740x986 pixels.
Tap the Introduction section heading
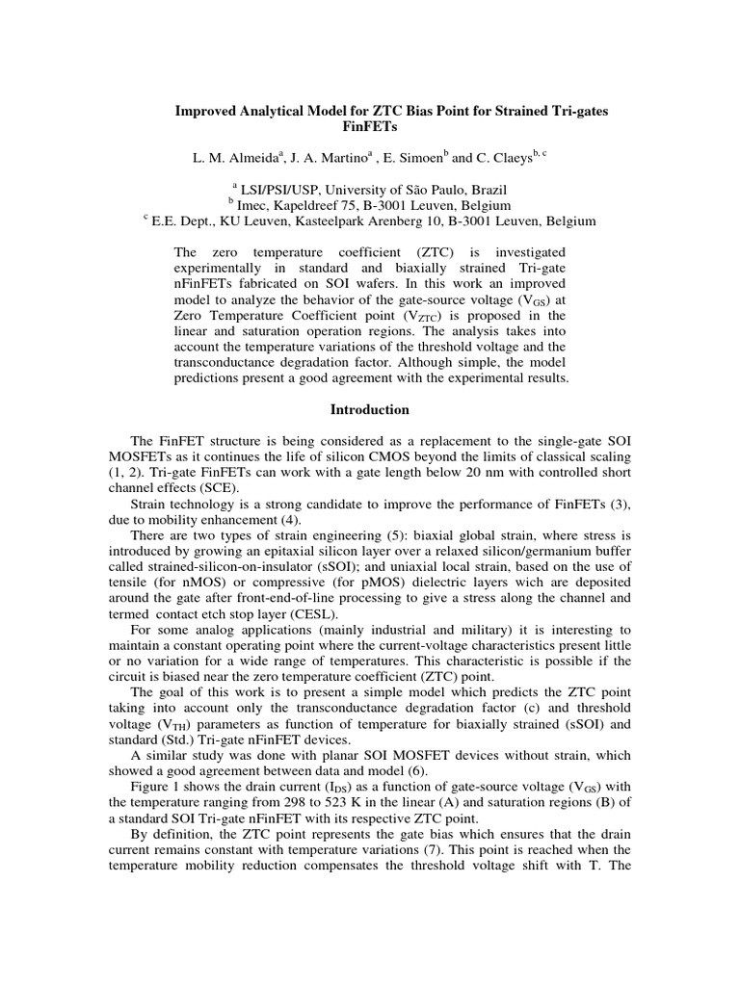pos(370,409)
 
